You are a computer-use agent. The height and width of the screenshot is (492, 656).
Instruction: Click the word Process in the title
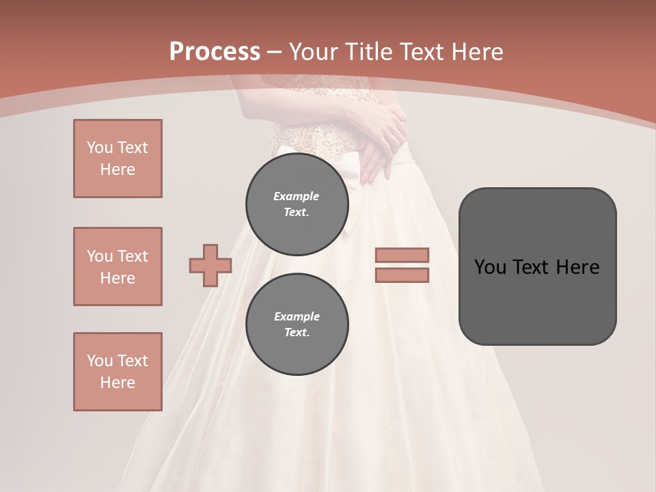[215, 52]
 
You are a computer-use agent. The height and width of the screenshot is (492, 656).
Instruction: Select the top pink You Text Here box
[118, 159]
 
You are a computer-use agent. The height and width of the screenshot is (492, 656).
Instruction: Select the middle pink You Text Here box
[118, 266]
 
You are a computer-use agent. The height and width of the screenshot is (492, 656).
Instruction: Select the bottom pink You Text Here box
[118, 372]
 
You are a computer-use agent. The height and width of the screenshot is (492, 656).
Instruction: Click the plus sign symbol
[210, 266]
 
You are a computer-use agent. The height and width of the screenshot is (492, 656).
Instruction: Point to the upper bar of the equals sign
[402, 255]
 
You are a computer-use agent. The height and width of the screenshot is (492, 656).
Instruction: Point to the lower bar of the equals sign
[402, 275]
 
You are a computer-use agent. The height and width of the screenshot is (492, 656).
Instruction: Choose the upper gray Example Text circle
[297, 204]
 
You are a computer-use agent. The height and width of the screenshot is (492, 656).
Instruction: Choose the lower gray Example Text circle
[297, 325]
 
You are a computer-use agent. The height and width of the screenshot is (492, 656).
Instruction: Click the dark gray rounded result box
[537, 266]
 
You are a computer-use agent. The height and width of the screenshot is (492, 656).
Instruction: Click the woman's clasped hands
[383, 140]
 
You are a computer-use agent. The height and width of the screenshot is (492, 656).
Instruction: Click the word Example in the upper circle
[296, 196]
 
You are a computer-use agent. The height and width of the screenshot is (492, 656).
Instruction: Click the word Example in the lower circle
[297, 316]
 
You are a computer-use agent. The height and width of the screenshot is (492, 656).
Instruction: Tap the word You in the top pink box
[99, 148]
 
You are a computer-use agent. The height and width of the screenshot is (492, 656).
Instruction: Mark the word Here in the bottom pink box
[118, 383]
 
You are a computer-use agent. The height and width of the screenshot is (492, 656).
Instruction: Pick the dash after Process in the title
[274, 52]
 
